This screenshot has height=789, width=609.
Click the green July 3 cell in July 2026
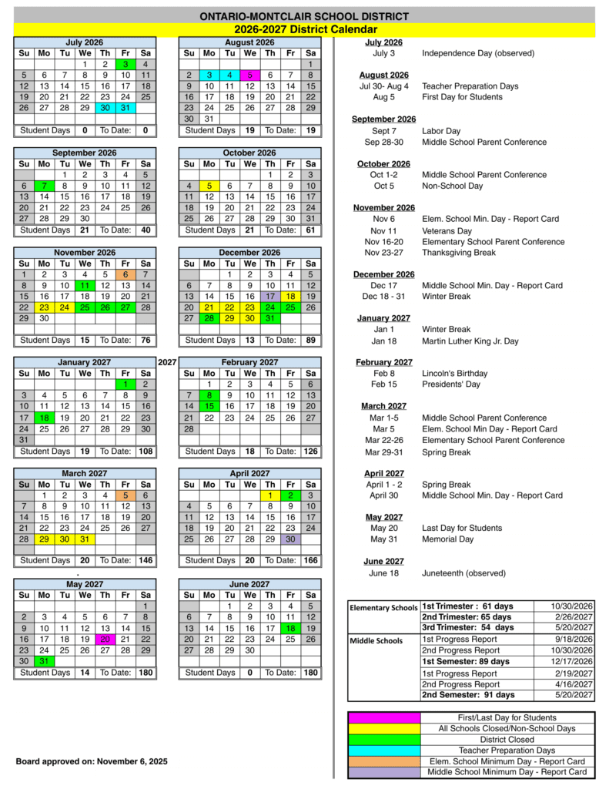(x=125, y=64)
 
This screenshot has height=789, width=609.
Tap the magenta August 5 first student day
(x=249, y=75)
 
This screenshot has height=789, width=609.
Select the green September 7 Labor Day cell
(x=44, y=186)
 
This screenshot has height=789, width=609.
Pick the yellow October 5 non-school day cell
(x=209, y=186)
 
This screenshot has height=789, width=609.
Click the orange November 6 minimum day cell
(x=125, y=274)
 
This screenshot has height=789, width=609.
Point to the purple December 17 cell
(x=269, y=296)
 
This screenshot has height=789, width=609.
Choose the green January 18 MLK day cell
(x=44, y=418)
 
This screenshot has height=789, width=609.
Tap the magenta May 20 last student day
(x=105, y=639)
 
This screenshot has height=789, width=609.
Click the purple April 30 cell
(x=290, y=539)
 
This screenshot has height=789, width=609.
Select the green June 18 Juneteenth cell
(x=290, y=628)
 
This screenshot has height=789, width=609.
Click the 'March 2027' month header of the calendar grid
(x=85, y=473)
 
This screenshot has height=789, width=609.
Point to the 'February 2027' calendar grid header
(x=249, y=362)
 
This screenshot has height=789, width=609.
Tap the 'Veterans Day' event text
(x=447, y=230)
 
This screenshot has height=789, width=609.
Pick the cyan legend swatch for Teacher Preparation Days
(x=384, y=750)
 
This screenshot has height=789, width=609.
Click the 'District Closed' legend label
(x=507, y=739)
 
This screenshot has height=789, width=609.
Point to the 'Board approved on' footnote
(x=92, y=762)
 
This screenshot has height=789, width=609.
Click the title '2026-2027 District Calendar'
(x=304, y=29)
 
